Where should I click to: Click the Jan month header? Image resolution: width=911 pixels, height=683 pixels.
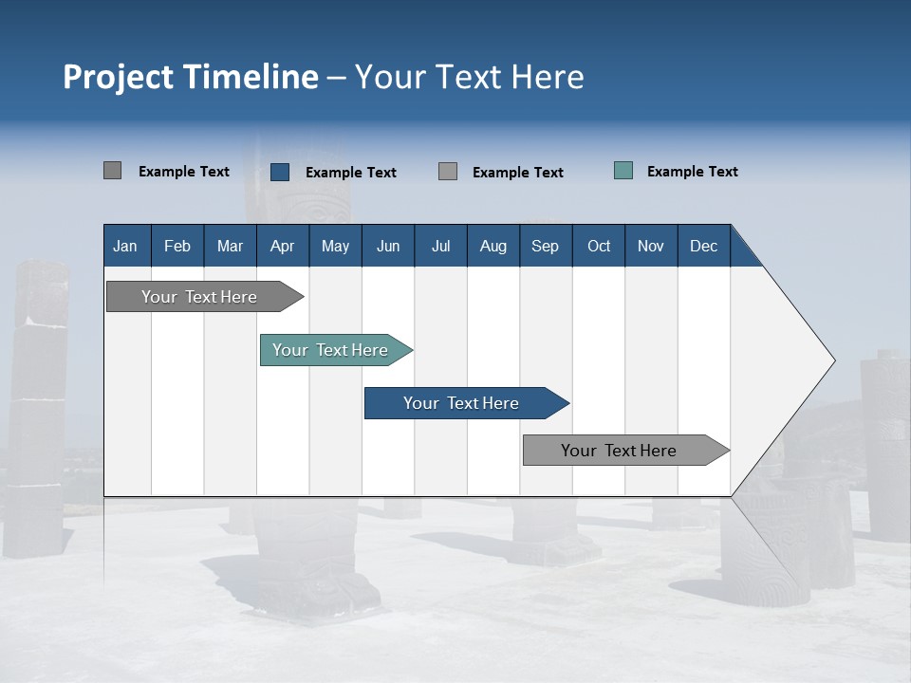(x=125, y=246)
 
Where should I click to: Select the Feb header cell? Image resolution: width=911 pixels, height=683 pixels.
(x=177, y=246)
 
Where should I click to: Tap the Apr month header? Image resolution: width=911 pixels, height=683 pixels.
(x=282, y=246)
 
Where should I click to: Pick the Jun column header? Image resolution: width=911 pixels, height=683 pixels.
(x=388, y=246)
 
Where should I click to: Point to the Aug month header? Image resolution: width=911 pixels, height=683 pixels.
(x=493, y=246)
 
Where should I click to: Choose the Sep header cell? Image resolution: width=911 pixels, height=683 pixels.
(x=545, y=246)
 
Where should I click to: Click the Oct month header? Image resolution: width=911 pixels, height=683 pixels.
(x=599, y=246)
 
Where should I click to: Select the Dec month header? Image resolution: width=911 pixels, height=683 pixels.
(x=703, y=246)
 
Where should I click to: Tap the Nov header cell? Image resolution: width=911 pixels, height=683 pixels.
(x=651, y=246)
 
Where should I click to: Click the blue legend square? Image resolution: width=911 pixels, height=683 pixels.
(x=280, y=172)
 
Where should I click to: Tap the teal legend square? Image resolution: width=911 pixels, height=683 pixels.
(x=623, y=171)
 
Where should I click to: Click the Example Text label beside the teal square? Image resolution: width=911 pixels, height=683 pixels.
(x=692, y=172)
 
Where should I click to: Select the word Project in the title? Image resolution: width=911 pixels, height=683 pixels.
(x=118, y=77)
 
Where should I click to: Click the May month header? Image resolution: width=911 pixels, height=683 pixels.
(x=335, y=246)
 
